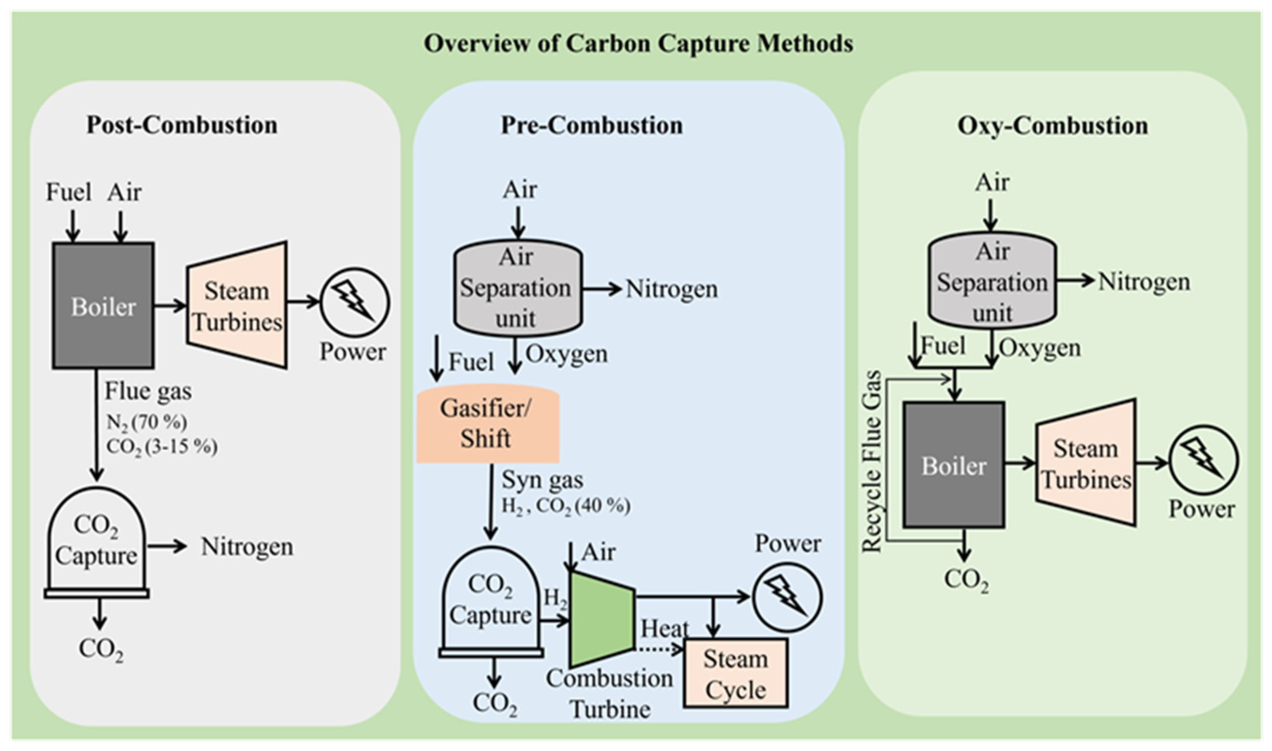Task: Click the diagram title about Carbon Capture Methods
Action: click(x=638, y=43)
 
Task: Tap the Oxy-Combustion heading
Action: click(x=1053, y=125)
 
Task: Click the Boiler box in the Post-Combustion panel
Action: click(x=103, y=306)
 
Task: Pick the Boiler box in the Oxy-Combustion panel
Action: click(x=954, y=465)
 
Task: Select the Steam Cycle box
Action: click(x=735, y=673)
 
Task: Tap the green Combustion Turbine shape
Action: click(x=601, y=620)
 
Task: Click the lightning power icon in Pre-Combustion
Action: click(x=787, y=597)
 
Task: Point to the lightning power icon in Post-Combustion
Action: click(x=355, y=303)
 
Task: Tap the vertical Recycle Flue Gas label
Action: click(x=872, y=461)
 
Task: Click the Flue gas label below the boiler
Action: click(x=148, y=391)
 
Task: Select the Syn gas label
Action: click(x=542, y=480)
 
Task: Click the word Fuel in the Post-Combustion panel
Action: click(x=68, y=192)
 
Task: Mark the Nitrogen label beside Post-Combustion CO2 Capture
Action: click(x=247, y=547)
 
